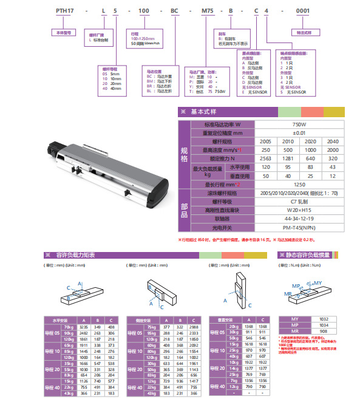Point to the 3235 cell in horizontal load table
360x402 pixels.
[x=84, y=327]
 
